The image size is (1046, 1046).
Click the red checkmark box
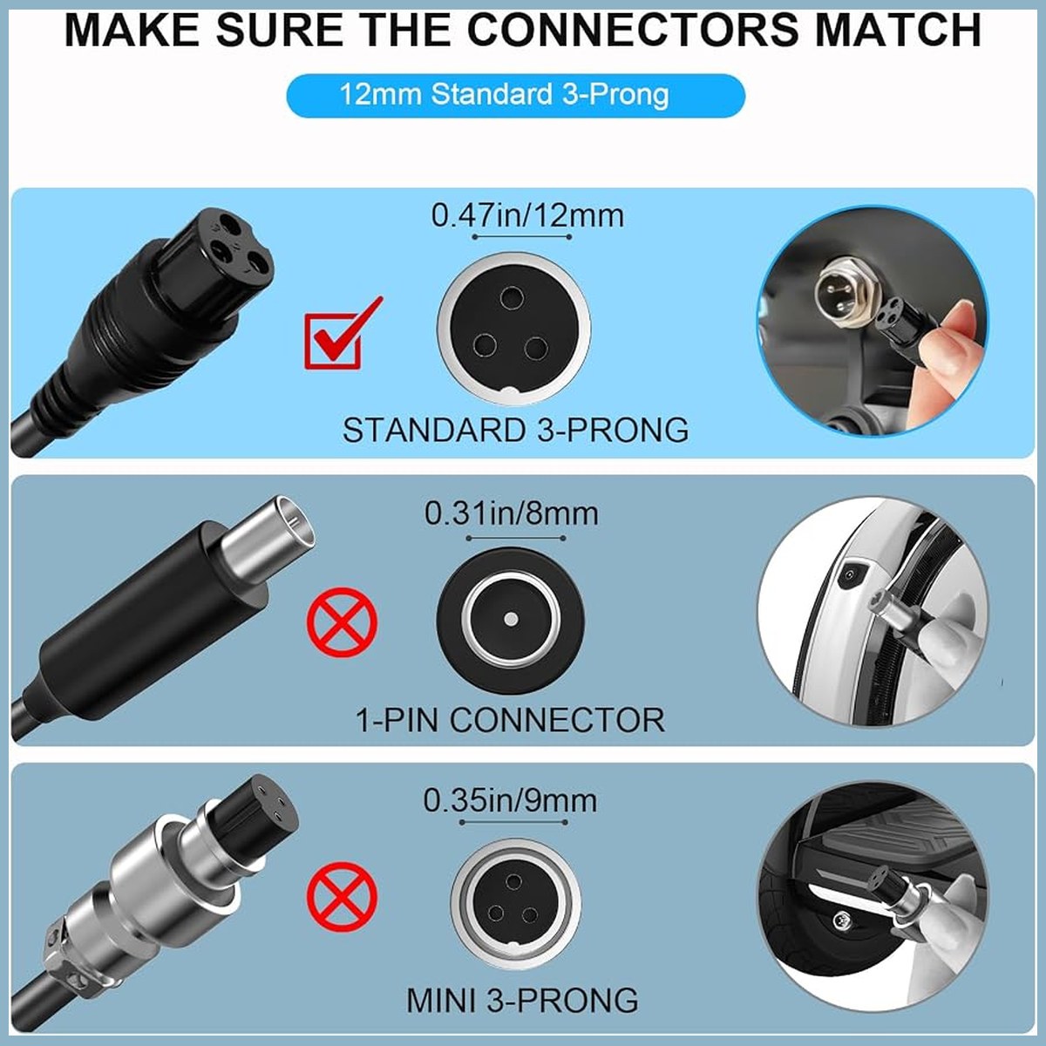[x=332, y=342]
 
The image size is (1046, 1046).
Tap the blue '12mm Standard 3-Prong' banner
[x=515, y=96]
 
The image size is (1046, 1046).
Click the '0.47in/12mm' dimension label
[x=527, y=216]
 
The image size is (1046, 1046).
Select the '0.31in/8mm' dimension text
[x=512, y=513]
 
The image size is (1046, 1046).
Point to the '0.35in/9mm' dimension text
[x=510, y=800]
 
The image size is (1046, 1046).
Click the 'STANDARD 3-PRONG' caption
[x=516, y=430]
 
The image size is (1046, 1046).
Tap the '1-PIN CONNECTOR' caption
[x=510, y=720]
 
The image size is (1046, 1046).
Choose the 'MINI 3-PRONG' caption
[x=522, y=1000]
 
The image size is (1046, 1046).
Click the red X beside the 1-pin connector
[x=342, y=621]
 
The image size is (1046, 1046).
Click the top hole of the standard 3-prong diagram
[x=512, y=298]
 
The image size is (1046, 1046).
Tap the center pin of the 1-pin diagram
[x=510, y=619]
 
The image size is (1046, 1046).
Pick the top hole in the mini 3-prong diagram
[x=513, y=882]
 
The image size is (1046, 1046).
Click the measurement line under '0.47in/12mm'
[x=521, y=237]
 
